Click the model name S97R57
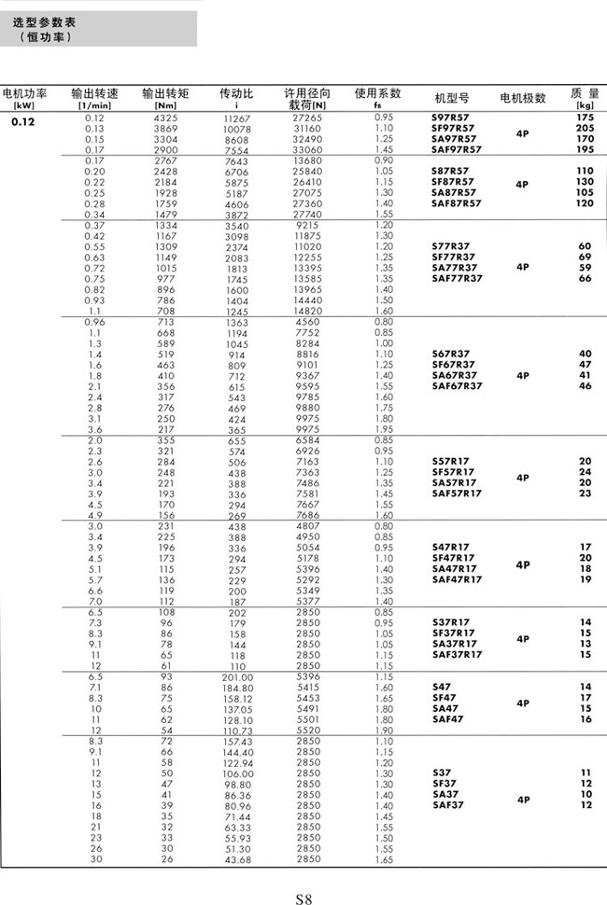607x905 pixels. [x=450, y=118]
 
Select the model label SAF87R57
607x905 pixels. [x=457, y=202]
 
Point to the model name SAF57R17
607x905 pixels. [x=457, y=494]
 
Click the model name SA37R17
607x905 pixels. [x=454, y=643]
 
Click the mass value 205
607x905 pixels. [x=586, y=128]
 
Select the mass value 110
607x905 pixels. [x=586, y=171]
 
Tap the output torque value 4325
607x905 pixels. [x=165, y=118]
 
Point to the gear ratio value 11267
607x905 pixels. [x=237, y=118]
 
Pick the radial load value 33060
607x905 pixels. [x=307, y=149]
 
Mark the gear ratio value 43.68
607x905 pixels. [x=237, y=859]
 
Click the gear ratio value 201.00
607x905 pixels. [x=237, y=675]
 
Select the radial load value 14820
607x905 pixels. [x=307, y=311]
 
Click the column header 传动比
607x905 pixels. [x=236, y=93]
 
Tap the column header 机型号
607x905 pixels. [x=452, y=98]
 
